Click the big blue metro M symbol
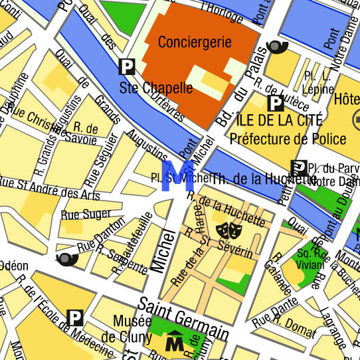(x=178, y=176)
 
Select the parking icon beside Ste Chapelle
(x=126, y=66)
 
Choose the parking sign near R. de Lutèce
(x=275, y=103)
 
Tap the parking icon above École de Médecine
(x=75, y=317)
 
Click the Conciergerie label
(x=195, y=42)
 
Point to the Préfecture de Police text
(x=288, y=139)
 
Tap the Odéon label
(x=13, y=265)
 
